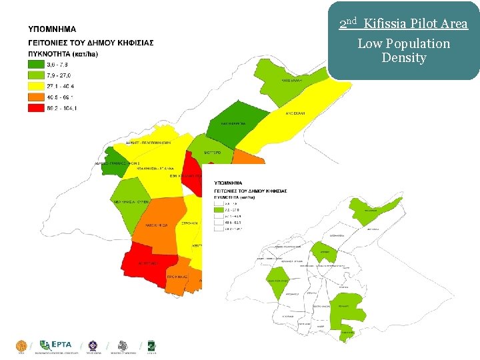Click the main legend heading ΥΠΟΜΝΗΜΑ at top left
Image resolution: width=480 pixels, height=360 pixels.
click(x=52, y=29)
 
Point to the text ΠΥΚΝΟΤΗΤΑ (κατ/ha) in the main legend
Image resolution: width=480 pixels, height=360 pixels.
click(x=63, y=53)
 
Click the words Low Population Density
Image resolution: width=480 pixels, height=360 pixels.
click(x=403, y=51)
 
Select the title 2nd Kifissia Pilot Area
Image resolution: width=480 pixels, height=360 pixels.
click(x=403, y=25)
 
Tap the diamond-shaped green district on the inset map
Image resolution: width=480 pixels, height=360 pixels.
click(x=277, y=282)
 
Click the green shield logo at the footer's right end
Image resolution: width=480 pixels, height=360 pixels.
click(x=151, y=345)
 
